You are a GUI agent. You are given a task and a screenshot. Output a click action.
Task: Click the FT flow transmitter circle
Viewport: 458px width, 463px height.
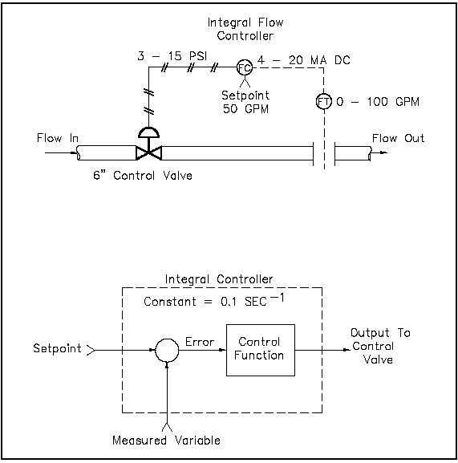tap(323, 102)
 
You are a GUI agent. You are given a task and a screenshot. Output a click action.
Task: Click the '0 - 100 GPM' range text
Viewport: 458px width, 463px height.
tap(377, 103)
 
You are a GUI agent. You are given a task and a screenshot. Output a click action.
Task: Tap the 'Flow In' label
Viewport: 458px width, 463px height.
tap(58, 139)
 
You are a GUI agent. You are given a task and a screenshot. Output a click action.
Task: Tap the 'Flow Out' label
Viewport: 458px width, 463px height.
tap(398, 139)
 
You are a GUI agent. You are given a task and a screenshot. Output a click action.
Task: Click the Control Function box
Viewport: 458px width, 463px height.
tap(261, 350)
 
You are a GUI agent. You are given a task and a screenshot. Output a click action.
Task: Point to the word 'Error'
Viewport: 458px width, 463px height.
tap(200, 342)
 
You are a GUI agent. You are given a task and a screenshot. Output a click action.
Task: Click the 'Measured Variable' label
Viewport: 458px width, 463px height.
tap(166, 440)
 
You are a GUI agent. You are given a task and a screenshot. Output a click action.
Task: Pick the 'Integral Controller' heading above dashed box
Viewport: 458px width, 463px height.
tap(218, 279)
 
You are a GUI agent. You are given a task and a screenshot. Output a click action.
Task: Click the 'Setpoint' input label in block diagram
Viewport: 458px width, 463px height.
tap(56, 349)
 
